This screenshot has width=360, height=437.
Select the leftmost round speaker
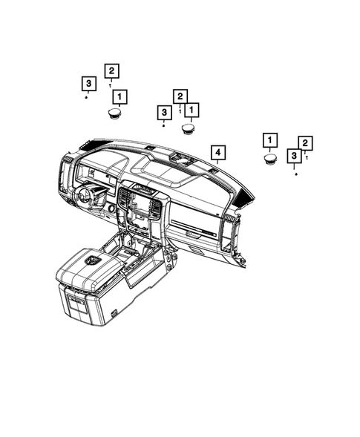(114, 113)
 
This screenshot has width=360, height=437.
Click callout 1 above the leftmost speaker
(119, 96)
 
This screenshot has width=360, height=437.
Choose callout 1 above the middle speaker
(192, 111)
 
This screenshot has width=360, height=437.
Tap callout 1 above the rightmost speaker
(270, 140)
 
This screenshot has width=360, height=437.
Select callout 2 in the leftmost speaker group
(111, 70)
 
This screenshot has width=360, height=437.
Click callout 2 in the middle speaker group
(180, 96)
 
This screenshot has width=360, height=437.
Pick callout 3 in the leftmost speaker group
(88, 83)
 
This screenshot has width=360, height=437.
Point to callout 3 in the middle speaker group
(163, 112)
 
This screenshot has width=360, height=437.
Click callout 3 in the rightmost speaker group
(295, 156)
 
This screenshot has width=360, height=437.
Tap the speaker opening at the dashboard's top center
(181, 159)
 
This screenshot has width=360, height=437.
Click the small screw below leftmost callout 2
(110, 85)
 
